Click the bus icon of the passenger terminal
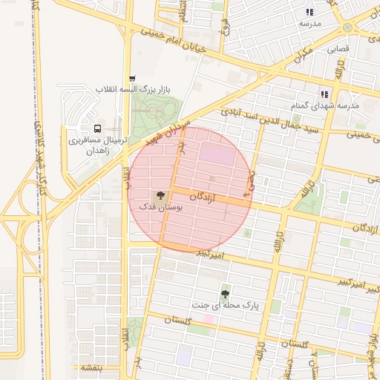[x=99, y=129]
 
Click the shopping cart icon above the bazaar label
[x=132, y=78]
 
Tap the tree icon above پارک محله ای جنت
[x=225, y=293]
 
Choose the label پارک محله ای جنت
[x=225, y=306]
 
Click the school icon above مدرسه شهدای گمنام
[x=324, y=94]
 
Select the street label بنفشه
[x=91, y=368]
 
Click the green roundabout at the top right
[x=347, y=27]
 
